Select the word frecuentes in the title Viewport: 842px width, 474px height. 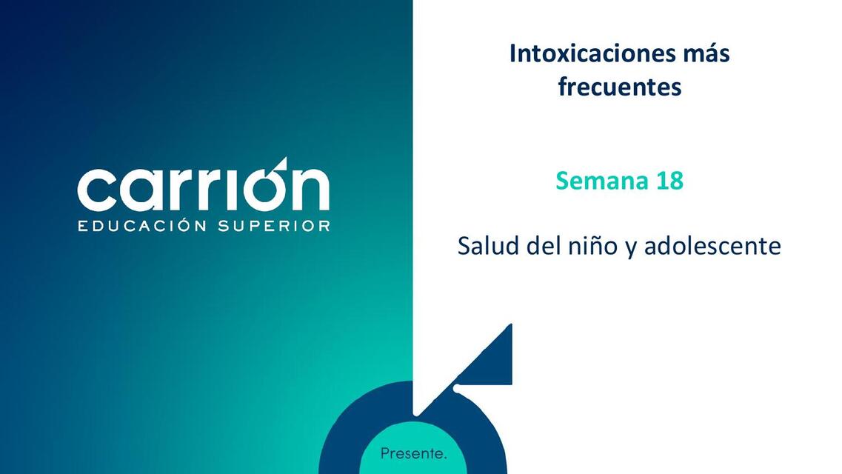click(x=619, y=87)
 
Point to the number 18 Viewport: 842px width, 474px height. click(x=669, y=180)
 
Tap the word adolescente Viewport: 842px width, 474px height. click(x=712, y=246)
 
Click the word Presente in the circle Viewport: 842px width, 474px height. click(x=413, y=453)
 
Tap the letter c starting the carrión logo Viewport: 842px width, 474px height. click(x=96, y=190)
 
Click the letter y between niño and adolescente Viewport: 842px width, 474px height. click(x=631, y=247)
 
